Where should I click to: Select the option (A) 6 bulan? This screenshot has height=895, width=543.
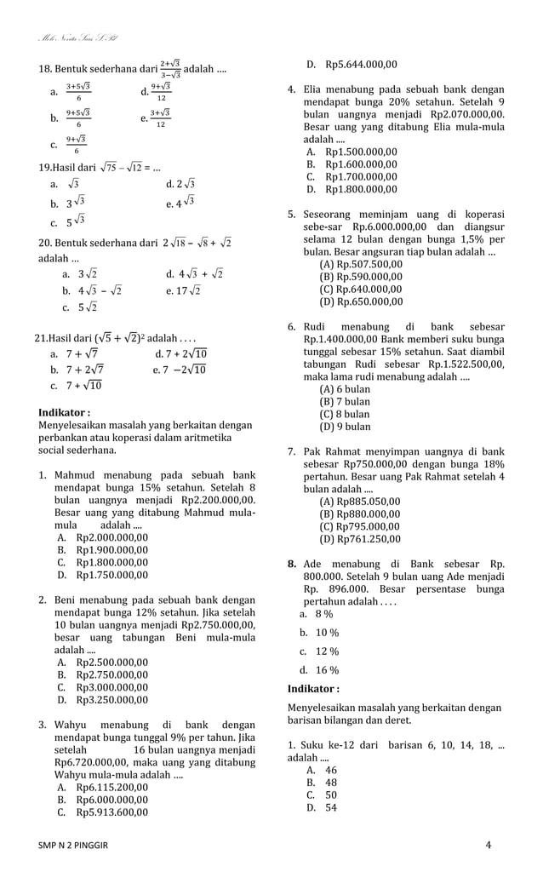point(345,389)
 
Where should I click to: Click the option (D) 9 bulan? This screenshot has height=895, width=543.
point(345,427)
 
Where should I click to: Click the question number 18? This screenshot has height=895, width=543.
point(46,67)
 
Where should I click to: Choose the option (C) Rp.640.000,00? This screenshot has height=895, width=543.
point(361,289)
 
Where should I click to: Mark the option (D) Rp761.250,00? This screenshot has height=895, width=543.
point(359,538)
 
